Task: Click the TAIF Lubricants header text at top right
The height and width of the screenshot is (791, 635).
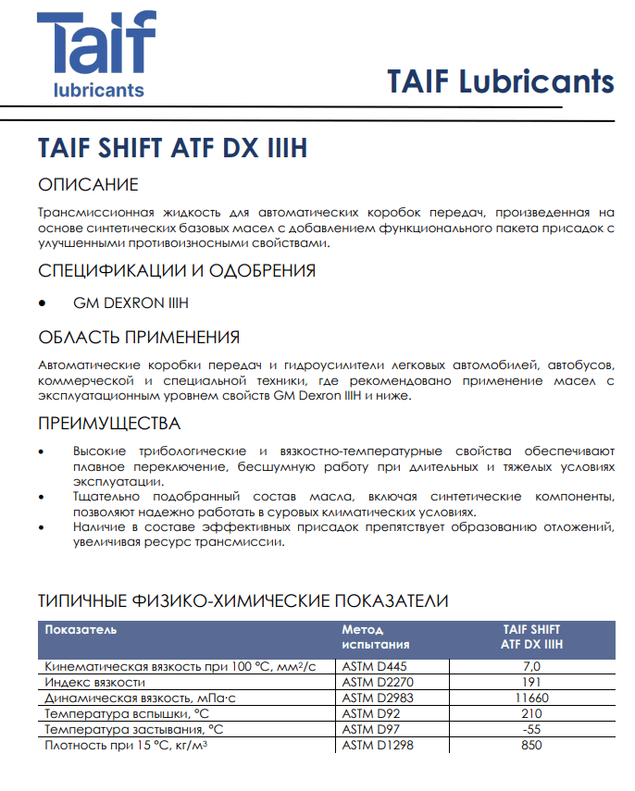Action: click(500, 81)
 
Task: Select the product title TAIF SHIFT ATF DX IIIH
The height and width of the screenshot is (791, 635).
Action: click(172, 149)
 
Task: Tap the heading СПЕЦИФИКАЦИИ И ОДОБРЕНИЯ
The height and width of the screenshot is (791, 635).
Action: click(177, 271)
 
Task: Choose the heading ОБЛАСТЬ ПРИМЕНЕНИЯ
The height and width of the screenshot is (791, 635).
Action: click(139, 337)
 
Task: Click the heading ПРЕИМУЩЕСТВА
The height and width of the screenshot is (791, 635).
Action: click(109, 424)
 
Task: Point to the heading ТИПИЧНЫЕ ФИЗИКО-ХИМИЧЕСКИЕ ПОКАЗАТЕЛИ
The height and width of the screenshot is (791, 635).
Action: click(243, 600)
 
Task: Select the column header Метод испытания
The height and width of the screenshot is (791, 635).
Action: click(375, 637)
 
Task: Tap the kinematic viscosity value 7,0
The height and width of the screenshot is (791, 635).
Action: click(531, 666)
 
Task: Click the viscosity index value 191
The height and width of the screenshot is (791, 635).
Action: click(531, 682)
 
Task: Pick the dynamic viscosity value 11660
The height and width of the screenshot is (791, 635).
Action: click(531, 698)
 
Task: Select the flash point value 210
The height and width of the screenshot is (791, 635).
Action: click(531, 713)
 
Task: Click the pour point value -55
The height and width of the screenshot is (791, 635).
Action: click(531, 729)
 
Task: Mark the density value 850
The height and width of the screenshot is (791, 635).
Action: click(531, 745)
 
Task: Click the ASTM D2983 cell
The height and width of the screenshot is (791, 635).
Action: click(375, 698)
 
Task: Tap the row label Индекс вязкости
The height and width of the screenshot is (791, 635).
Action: click(94, 682)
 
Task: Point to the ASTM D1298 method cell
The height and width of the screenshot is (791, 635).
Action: click(375, 745)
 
